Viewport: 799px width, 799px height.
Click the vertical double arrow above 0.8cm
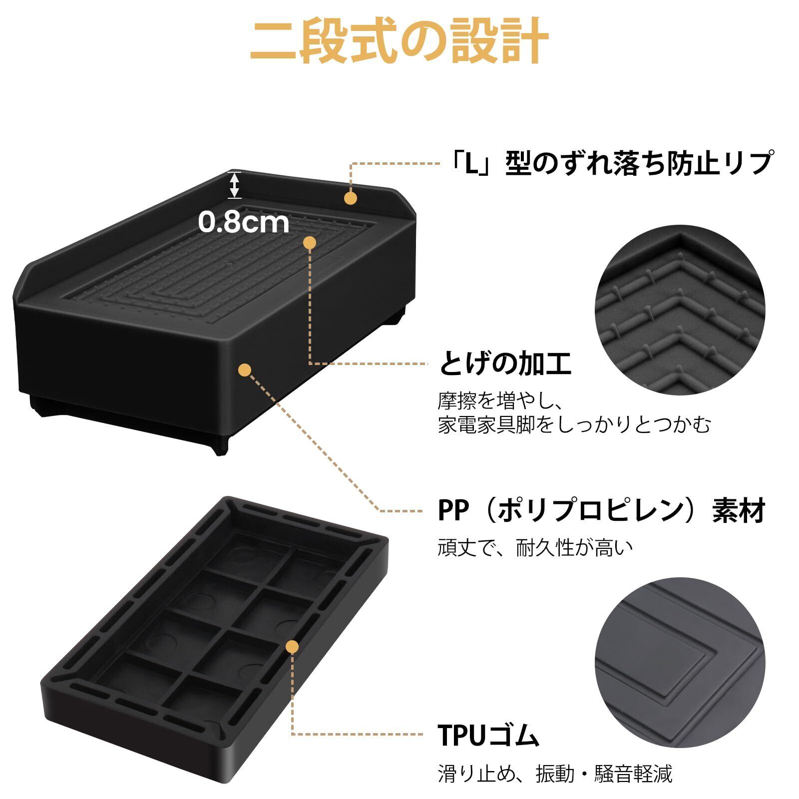pos(235,185)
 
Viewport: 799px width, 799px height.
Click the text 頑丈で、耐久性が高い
pos(535,548)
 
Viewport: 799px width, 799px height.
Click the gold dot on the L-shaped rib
pos(351,198)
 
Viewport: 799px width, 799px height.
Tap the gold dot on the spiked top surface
pos(310,243)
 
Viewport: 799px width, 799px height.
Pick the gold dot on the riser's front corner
pos(245,370)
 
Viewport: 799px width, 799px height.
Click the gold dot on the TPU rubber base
pos(293,647)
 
